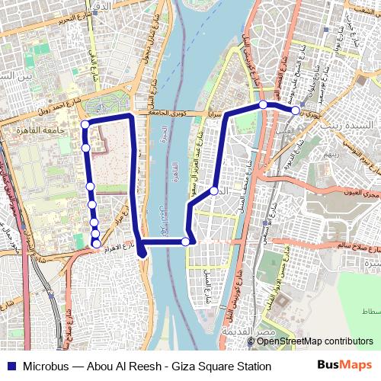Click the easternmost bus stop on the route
[x=296, y=110]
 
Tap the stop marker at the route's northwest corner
[x=85, y=124]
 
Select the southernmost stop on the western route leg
[x=96, y=242]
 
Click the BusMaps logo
[x=345, y=366]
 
